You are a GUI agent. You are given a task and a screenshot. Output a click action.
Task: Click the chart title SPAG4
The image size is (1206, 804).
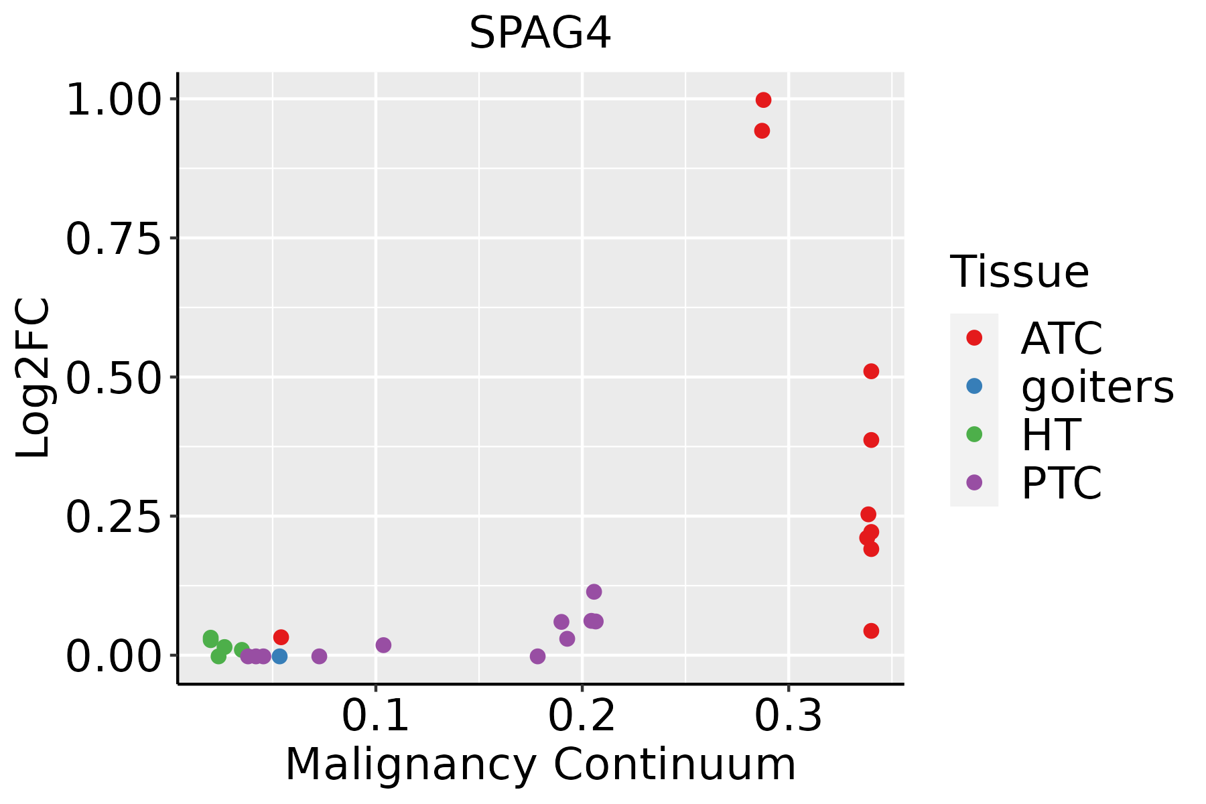coord(540,33)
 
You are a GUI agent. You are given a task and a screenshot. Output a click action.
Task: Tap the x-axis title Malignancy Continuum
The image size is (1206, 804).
coord(540,764)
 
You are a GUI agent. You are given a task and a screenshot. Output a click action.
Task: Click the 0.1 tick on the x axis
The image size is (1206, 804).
coord(375,716)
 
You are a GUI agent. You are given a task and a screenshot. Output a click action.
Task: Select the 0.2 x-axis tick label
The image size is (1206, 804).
coord(582,716)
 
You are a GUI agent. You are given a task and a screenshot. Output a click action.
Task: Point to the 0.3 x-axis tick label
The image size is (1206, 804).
coord(788,716)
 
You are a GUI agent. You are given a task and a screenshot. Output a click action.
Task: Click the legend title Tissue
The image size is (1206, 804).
coord(1020,272)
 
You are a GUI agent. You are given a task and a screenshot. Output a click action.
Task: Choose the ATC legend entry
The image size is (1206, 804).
coord(1061,338)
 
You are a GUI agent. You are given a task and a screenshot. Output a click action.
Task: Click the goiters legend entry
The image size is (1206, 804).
coord(1097,387)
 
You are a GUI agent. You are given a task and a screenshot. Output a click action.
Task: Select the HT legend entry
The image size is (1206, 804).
coord(1050,434)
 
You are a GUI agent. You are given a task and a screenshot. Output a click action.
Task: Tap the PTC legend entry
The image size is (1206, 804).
coord(1061,482)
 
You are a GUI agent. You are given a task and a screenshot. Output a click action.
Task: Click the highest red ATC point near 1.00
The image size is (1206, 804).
coord(763,100)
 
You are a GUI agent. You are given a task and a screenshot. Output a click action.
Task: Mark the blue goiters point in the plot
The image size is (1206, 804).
coord(280,656)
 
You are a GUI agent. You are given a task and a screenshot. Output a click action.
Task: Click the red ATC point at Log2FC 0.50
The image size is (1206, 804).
coord(871,371)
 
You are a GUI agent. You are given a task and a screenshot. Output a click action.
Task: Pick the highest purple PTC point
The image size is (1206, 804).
coord(594,592)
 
